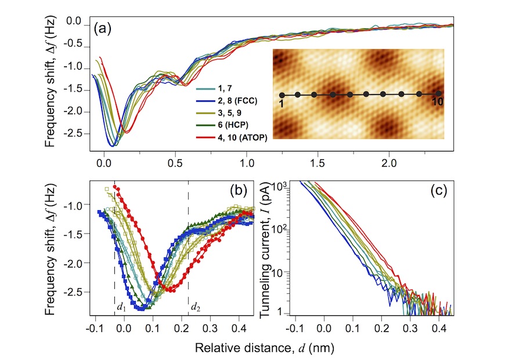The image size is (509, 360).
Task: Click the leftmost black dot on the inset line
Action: (282, 95)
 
